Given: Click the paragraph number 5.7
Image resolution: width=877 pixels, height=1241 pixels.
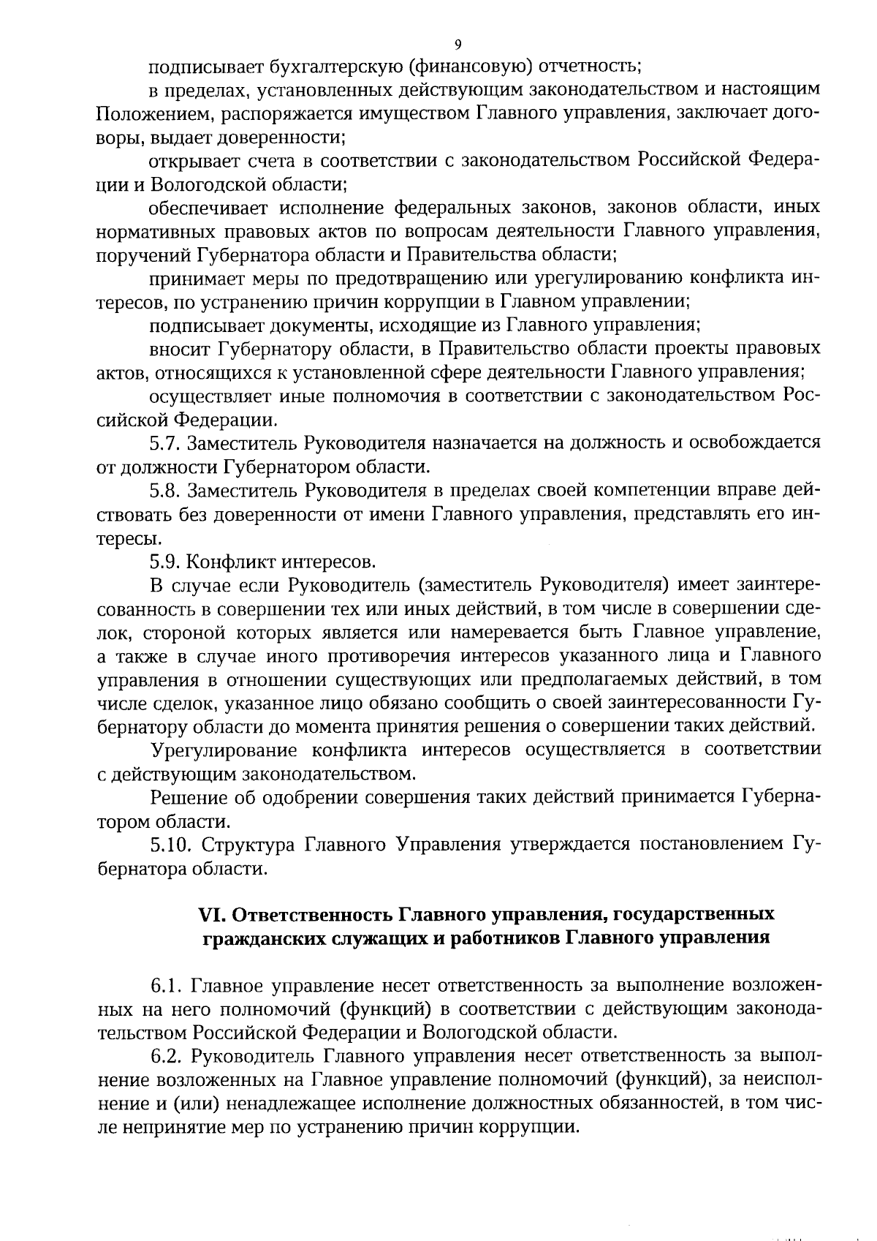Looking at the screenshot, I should (165, 442).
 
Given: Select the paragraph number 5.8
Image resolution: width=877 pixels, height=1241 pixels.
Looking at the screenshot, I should (165, 489).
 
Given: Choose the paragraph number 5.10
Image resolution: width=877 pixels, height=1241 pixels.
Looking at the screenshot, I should (171, 845).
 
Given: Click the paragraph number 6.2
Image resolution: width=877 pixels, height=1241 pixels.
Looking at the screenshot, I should (166, 1056).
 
